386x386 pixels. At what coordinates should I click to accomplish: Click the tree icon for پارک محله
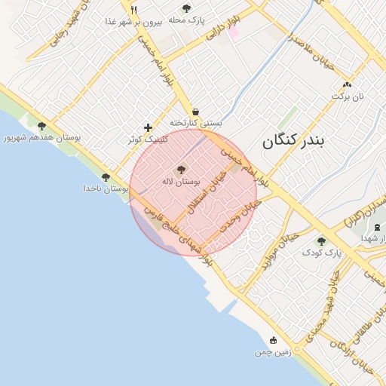[186, 8]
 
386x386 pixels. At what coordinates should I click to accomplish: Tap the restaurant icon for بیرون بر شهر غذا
[133, 10]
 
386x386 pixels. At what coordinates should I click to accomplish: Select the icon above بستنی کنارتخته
[195, 111]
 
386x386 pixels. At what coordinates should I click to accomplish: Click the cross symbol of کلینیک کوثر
[148, 127]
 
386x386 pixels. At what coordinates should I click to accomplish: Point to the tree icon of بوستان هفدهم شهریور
[41, 127]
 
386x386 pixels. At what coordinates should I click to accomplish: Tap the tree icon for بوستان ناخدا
[106, 176]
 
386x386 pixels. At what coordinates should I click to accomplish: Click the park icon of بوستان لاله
[180, 170]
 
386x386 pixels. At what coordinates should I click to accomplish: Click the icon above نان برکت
[346, 84]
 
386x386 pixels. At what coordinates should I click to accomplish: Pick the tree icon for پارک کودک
[321, 241]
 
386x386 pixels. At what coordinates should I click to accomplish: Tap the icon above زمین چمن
[272, 340]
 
